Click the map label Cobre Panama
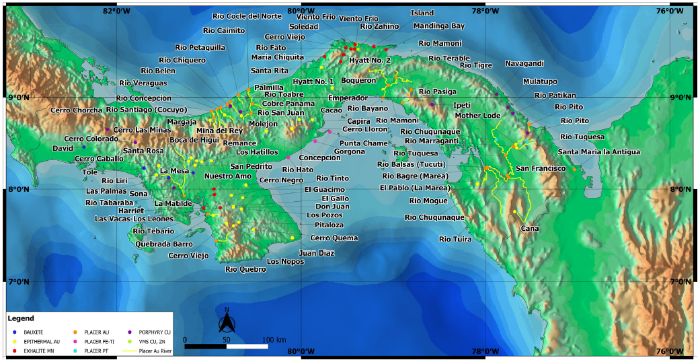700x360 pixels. click(288, 104)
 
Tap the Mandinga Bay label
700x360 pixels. click(438, 26)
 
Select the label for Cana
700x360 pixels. click(530, 229)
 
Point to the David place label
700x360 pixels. click(63, 147)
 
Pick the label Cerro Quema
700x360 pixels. click(334, 238)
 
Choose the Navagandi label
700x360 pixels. click(524, 63)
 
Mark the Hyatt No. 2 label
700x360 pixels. click(370, 61)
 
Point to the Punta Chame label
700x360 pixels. click(363, 143)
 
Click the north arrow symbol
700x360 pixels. click(227, 323)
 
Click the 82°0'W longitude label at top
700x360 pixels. click(116, 10)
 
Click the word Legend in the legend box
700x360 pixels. click(21, 318)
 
